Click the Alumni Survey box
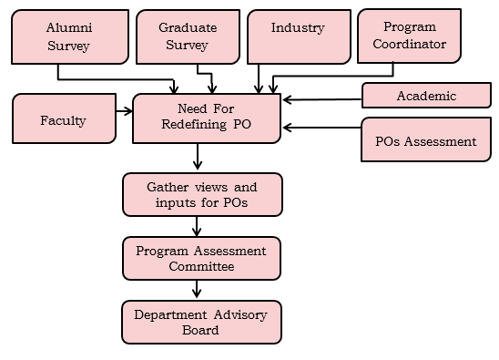(x=68, y=36)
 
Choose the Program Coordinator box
(x=409, y=36)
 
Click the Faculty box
(x=63, y=120)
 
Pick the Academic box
(x=425, y=96)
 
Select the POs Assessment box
(x=425, y=141)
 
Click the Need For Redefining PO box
(x=207, y=118)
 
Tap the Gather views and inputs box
(x=201, y=193)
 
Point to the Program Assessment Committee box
(x=201, y=258)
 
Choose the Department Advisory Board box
(x=201, y=322)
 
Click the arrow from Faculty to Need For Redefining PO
(x=124, y=113)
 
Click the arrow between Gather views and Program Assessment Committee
(x=197, y=226)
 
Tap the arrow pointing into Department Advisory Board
(x=197, y=290)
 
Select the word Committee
(x=201, y=266)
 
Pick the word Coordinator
(x=409, y=44)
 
